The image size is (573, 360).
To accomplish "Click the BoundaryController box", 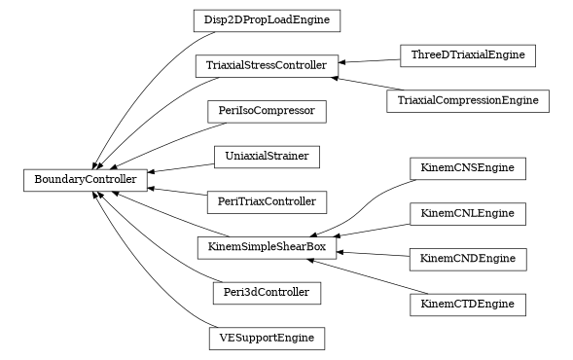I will (x=86, y=179).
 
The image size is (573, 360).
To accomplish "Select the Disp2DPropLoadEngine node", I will (x=266, y=19).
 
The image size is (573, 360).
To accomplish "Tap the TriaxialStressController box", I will (x=267, y=66).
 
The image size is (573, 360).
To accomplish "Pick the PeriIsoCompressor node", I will (x=267, y=111).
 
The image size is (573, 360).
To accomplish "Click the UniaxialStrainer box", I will (x=267, y=156).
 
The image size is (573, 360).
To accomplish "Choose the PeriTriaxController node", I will (x=267, y=201).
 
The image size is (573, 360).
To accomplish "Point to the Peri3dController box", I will (x=267, y=292).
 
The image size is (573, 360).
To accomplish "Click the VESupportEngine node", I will (x=267, y=338).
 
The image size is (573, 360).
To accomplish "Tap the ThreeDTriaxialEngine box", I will (x=468, y=55).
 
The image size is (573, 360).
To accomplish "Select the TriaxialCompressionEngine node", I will (x=468, y=100).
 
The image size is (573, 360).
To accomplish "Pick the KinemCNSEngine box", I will (x=468, y=168).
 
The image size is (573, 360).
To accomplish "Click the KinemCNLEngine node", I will (x=468, y=213).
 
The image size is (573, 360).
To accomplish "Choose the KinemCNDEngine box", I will (x=468, y=259).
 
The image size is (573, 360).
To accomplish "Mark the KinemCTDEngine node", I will (x=468, y=304).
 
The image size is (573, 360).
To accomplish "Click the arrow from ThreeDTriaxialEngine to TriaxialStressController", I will (x=370, y=61).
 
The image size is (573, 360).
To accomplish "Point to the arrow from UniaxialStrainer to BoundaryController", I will (x=181, y=167).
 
